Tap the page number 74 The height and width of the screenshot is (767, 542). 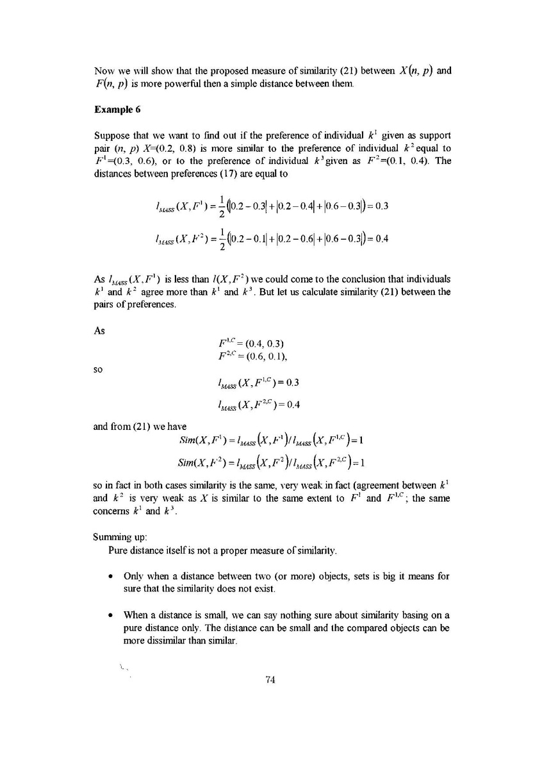pyautogui.click(x=270, y=680)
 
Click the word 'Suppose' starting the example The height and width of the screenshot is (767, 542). pyautogui.click(x=112, y=136)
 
